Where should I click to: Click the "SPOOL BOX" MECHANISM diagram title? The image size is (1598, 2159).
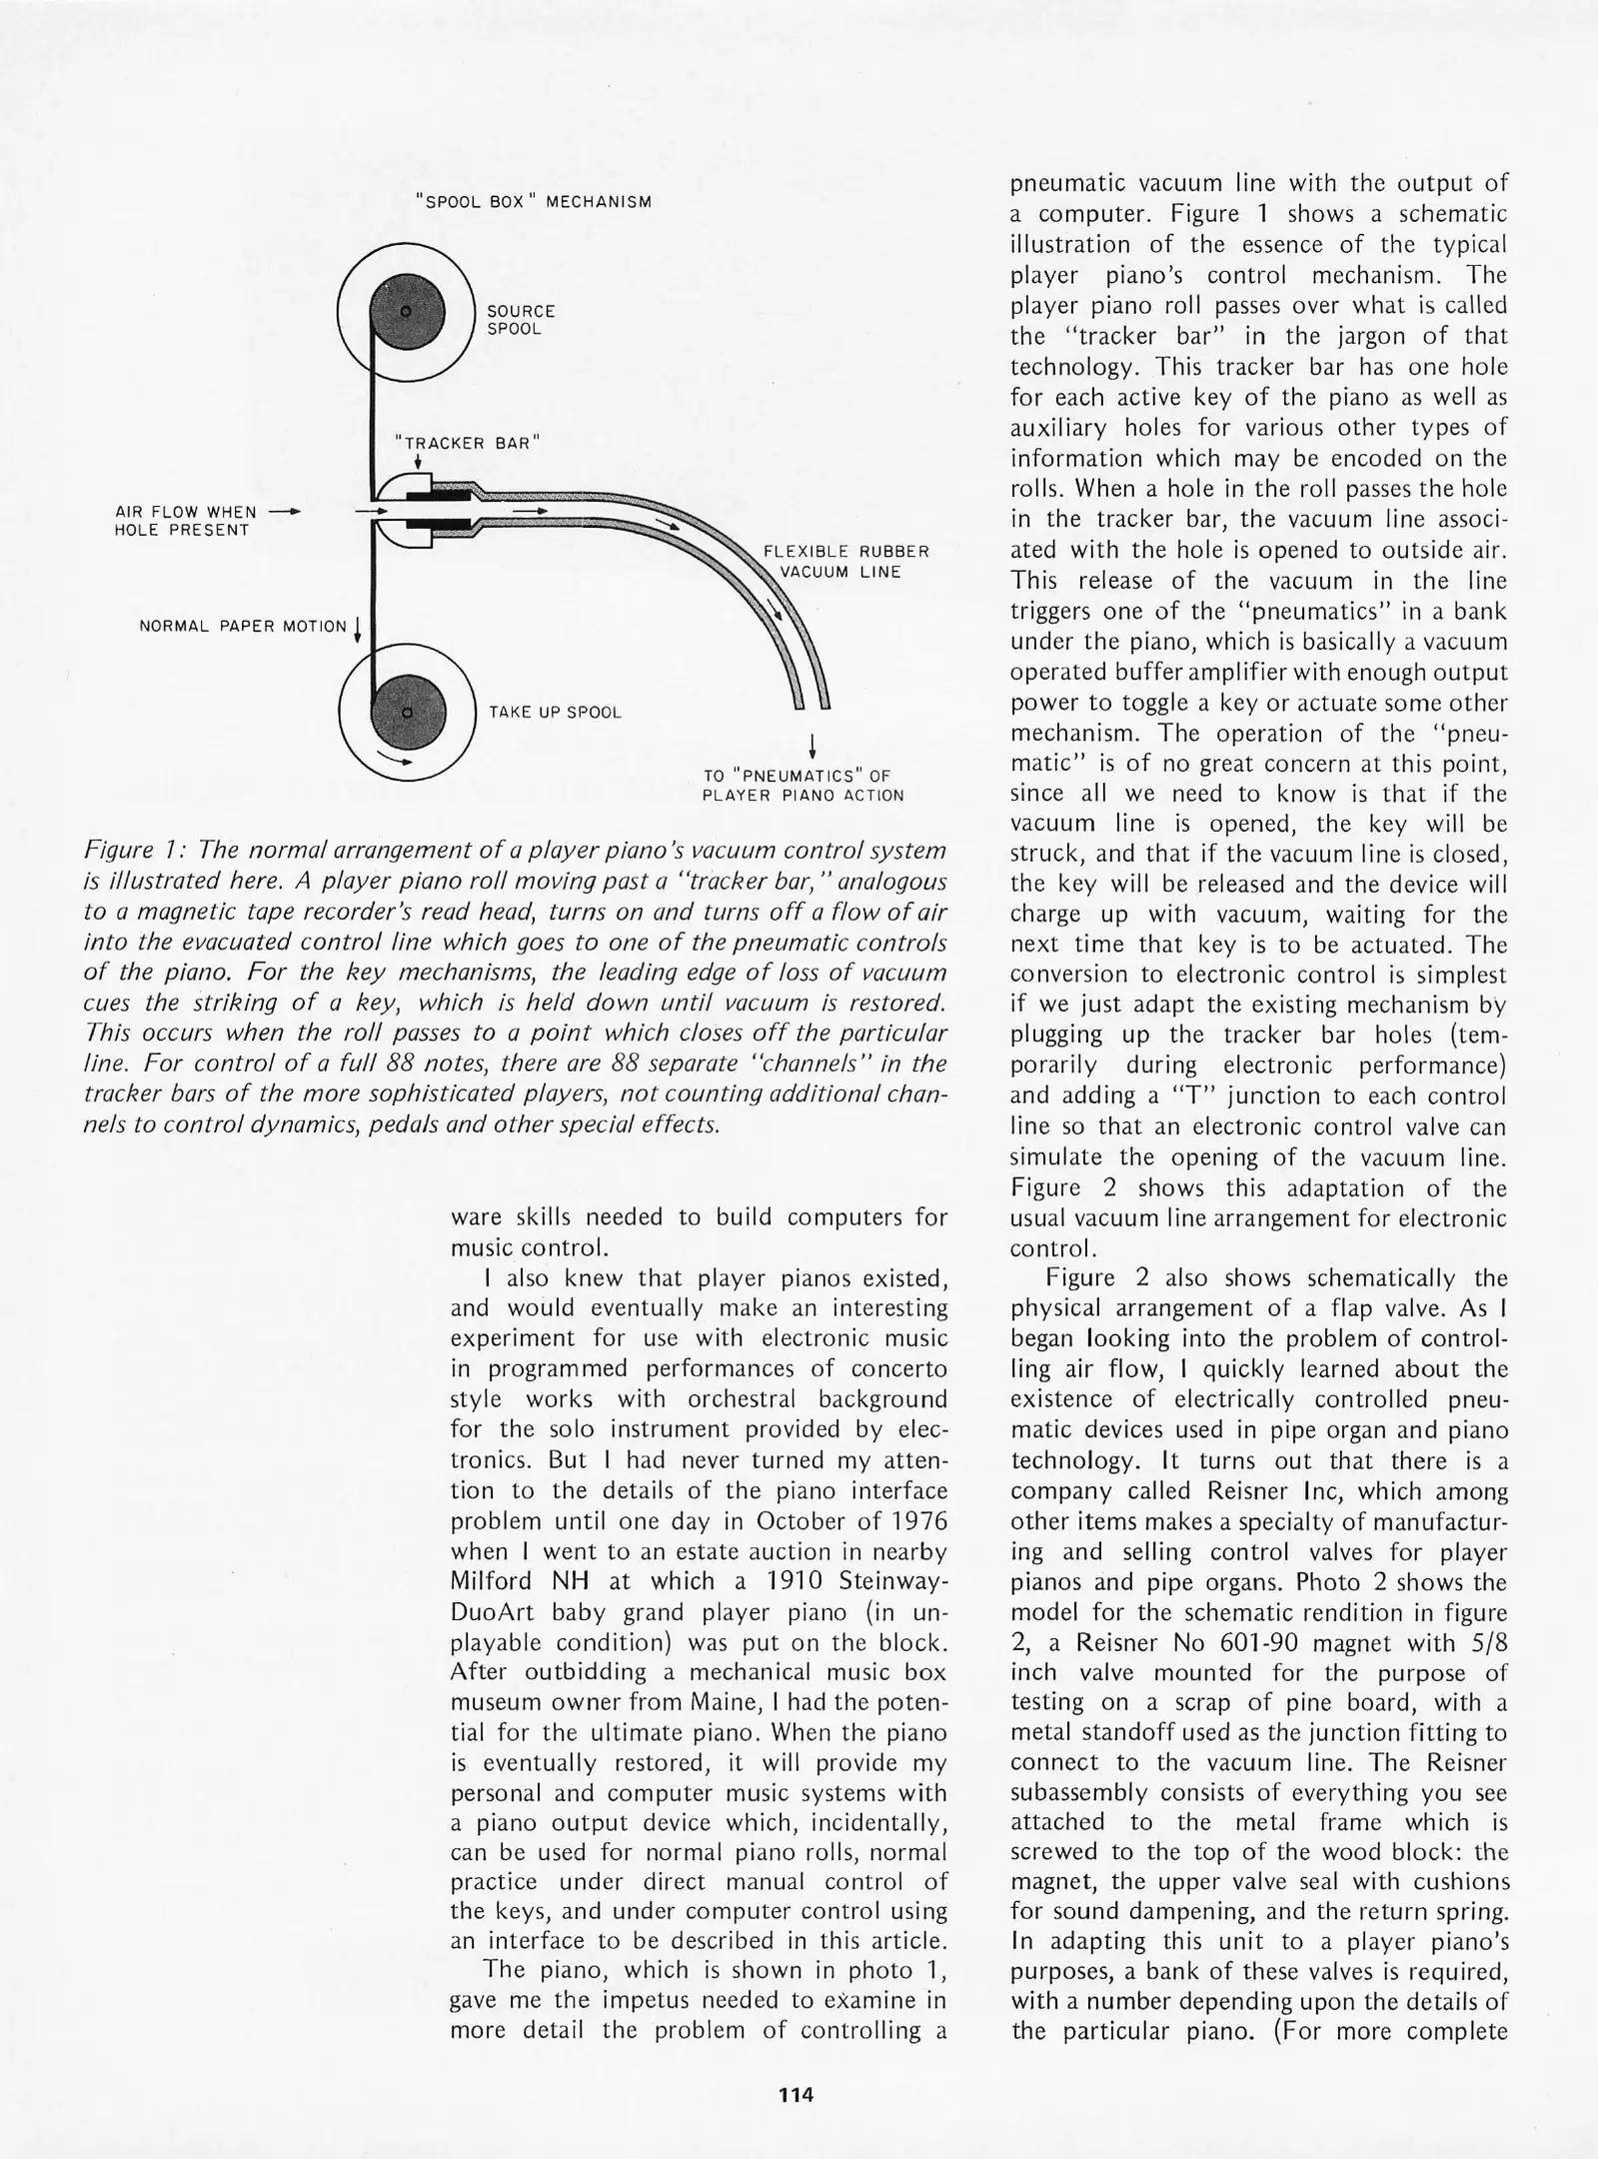(534, 202)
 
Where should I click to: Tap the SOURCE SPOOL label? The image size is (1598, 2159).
(521, 320)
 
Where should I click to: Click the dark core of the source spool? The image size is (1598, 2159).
(406, 313)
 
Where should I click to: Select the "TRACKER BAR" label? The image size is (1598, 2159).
(467, 443)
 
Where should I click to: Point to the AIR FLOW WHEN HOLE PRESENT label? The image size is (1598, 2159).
(186, 521)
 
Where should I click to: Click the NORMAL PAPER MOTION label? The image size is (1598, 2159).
(243, 627)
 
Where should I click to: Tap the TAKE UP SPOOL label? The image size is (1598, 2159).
(555, 713)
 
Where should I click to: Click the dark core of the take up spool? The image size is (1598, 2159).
(406, 713)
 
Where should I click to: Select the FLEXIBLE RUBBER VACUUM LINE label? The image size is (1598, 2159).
(845, 562)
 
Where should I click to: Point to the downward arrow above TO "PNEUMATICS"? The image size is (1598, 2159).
(813, 746)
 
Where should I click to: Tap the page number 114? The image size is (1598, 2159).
(797, 2094)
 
